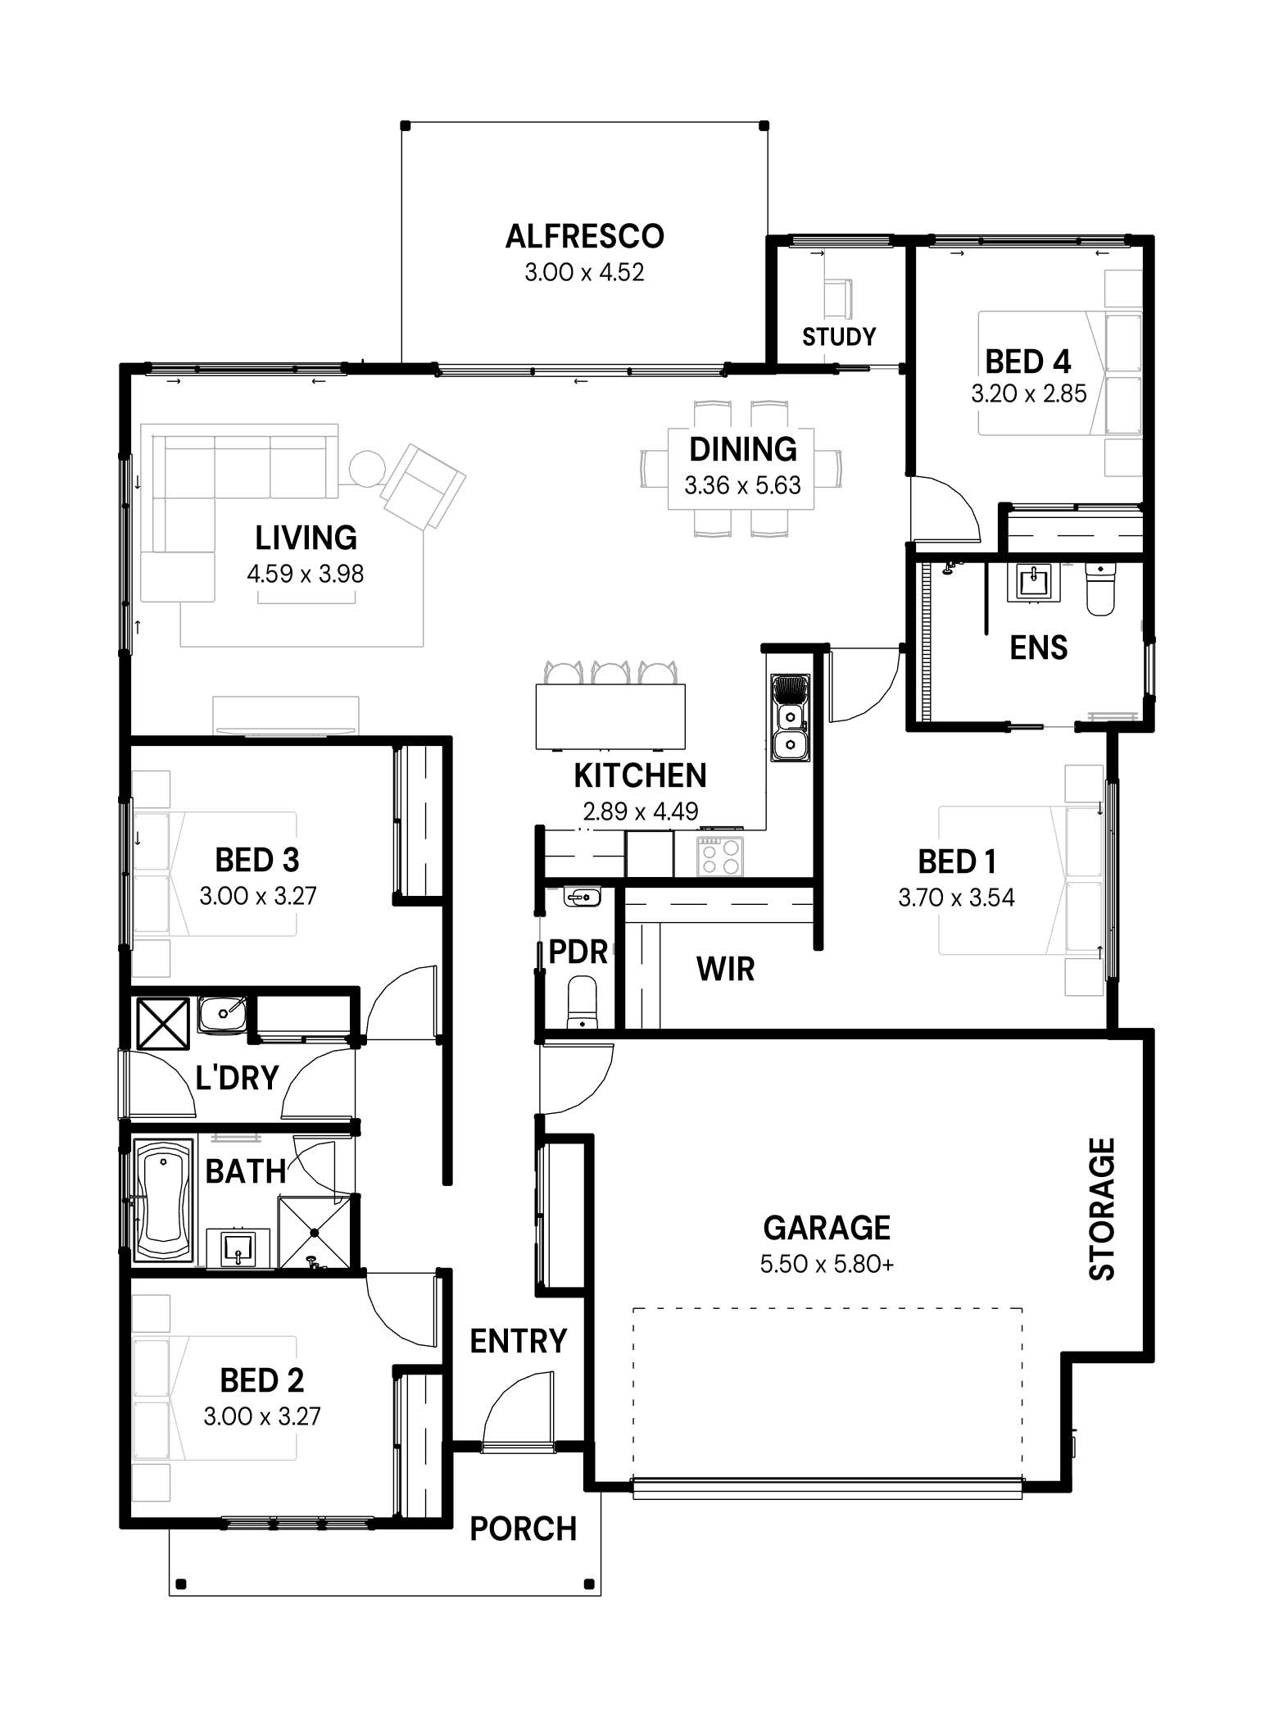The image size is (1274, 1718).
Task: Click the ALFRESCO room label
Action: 584,236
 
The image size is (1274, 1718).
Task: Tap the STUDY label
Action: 839,337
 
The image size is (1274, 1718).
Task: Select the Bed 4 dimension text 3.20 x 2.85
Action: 1028,393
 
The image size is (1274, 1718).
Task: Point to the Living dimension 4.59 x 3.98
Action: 305,574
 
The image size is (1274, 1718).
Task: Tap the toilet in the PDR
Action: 583,1002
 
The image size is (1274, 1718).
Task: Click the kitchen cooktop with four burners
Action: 720,857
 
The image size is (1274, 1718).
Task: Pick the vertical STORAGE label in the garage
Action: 1102,1209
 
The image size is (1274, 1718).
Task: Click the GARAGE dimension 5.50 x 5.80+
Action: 827,1264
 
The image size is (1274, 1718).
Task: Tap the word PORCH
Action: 523,1529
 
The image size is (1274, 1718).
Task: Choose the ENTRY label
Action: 519,1342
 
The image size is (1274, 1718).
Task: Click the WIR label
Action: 725,969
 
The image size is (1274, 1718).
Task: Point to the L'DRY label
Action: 238,1078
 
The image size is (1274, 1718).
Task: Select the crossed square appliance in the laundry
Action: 163,1022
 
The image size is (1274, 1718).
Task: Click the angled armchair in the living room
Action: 422,486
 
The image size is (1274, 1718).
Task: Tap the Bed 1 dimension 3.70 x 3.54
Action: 956,898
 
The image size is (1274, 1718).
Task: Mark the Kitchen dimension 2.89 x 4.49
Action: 640,811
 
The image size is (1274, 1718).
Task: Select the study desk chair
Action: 836,298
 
